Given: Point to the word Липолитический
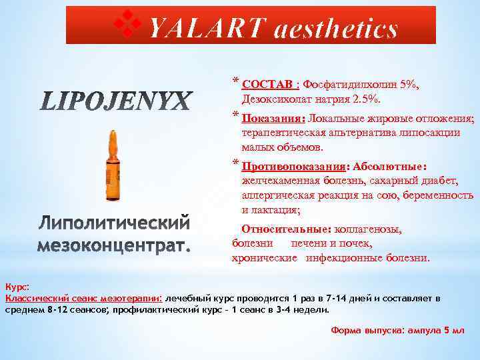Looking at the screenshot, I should coord(114,221).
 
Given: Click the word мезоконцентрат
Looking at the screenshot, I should coord(114,246).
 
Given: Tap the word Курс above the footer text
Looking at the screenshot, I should coord(16,287).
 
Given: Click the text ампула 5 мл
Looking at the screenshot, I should coord(431,331).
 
